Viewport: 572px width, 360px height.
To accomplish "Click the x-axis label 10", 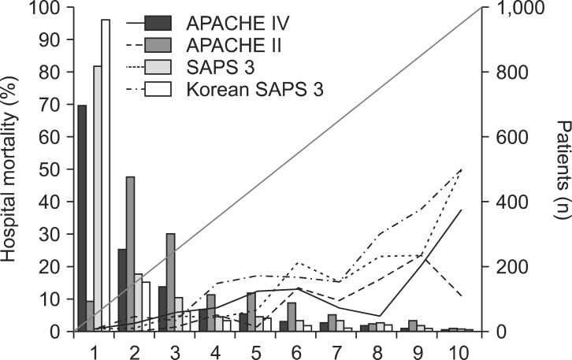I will tap(460, 348).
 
